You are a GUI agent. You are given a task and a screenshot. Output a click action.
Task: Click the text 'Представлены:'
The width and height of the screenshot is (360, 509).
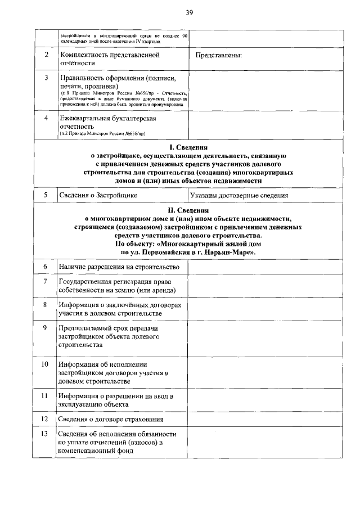219,56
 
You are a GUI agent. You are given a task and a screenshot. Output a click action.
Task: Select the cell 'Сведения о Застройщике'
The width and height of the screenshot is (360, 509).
98,195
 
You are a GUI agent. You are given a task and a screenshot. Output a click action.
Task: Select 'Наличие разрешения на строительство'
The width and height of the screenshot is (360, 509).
119,266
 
